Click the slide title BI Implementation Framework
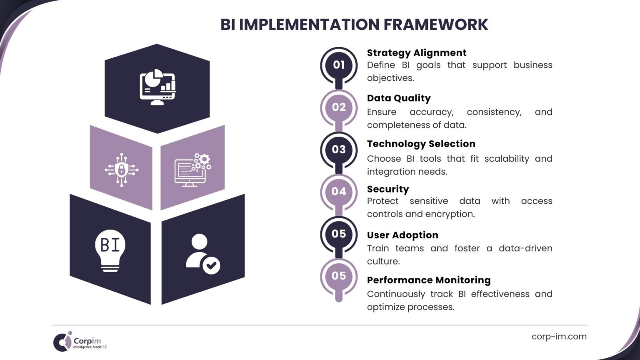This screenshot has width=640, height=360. coord(354,25)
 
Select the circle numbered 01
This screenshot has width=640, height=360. coord(339,65)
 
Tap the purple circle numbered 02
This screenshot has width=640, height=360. coord(339,107)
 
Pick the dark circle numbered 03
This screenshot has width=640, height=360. coord(339,150)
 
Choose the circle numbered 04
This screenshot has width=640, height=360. coord(339,192)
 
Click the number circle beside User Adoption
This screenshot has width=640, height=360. coord(339,234)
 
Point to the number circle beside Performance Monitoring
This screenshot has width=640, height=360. coord(339,276)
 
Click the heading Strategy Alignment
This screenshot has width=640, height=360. coord(416,53)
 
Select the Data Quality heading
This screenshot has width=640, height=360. coord(398,98)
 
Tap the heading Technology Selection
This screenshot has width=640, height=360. coord(421,144)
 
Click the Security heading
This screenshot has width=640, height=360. coord(387,189)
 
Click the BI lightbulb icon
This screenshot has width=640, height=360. coord(110,250)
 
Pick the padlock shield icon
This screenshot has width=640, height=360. coord(121,170)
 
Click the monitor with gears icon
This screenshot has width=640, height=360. coord(192,170)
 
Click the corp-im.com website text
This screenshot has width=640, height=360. coord(559,337)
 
